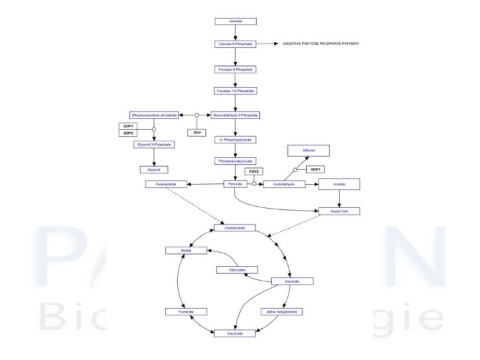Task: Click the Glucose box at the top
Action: click(235, 21)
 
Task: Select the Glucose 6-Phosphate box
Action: click(235, 44)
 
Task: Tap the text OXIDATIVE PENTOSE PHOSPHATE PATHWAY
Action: click(320, 44)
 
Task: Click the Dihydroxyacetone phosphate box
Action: click(154, 115)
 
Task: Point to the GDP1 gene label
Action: click(128, 126)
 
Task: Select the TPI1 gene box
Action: click(197, 133)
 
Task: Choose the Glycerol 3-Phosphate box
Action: click(154, 144)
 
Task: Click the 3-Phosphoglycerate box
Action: click(235, 140)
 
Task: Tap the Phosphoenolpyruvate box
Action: click(235, 161)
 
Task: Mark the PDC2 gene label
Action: click(253, 171)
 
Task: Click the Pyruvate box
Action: click(235, 183)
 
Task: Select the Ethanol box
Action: click(309, 151)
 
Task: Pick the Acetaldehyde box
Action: click(284, 183)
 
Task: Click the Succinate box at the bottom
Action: click(235, 333)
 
